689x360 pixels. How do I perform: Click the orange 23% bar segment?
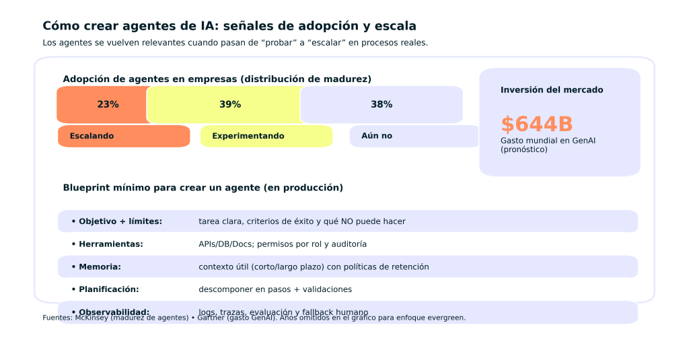coord(104,104)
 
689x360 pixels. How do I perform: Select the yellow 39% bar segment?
coord(225,104)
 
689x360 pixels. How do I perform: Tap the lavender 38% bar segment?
coord(382,104)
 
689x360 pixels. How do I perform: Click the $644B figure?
coord(536,124)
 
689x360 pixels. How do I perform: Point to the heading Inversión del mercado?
coord(552,90)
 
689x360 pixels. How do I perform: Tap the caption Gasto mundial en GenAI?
coord(548,141)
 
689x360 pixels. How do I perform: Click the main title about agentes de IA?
coord(229,26)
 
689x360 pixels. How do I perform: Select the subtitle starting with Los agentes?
coord(235,42)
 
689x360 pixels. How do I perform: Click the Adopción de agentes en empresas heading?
coord(217,79)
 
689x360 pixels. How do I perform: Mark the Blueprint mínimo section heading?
coord(203,188)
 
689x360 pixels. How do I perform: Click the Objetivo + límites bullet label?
coord(120,221)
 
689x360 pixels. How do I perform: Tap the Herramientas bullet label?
coord(110,244)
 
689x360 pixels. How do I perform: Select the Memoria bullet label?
coord(100,267)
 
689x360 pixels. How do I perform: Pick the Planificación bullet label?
coord(108,289)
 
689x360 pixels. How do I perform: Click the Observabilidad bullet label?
coord(114,312)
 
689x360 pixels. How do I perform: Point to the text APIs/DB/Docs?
coord(226,244)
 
